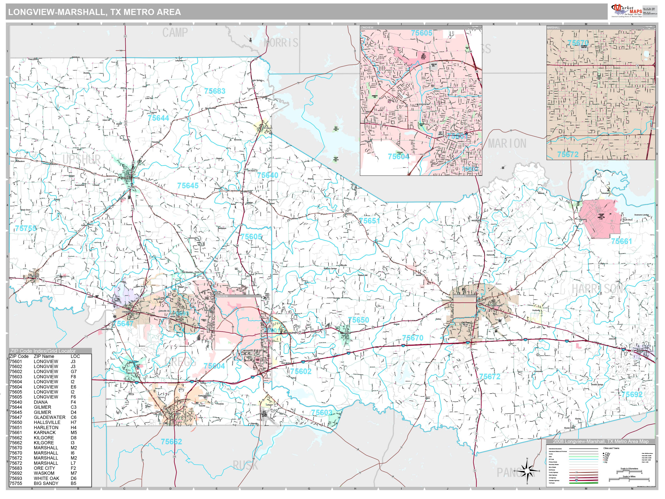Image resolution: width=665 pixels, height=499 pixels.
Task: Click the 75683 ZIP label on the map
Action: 215,91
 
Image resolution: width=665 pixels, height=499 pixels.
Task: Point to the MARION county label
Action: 507,144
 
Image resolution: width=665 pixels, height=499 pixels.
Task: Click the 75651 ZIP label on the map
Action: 370,221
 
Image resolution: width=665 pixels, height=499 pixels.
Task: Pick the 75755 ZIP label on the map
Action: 26,229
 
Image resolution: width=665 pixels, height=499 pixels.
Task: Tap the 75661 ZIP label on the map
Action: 621,241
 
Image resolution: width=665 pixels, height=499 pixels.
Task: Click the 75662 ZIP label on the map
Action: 171,442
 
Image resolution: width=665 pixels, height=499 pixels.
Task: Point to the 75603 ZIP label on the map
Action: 322,412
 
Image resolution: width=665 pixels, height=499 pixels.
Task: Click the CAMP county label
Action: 175,33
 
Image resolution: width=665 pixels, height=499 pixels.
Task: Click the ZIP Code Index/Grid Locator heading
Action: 43,351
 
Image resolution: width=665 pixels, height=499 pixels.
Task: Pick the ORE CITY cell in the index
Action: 44,468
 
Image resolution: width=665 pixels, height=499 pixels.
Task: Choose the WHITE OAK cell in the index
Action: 47,478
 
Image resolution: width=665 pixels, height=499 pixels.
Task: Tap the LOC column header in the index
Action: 75,356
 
